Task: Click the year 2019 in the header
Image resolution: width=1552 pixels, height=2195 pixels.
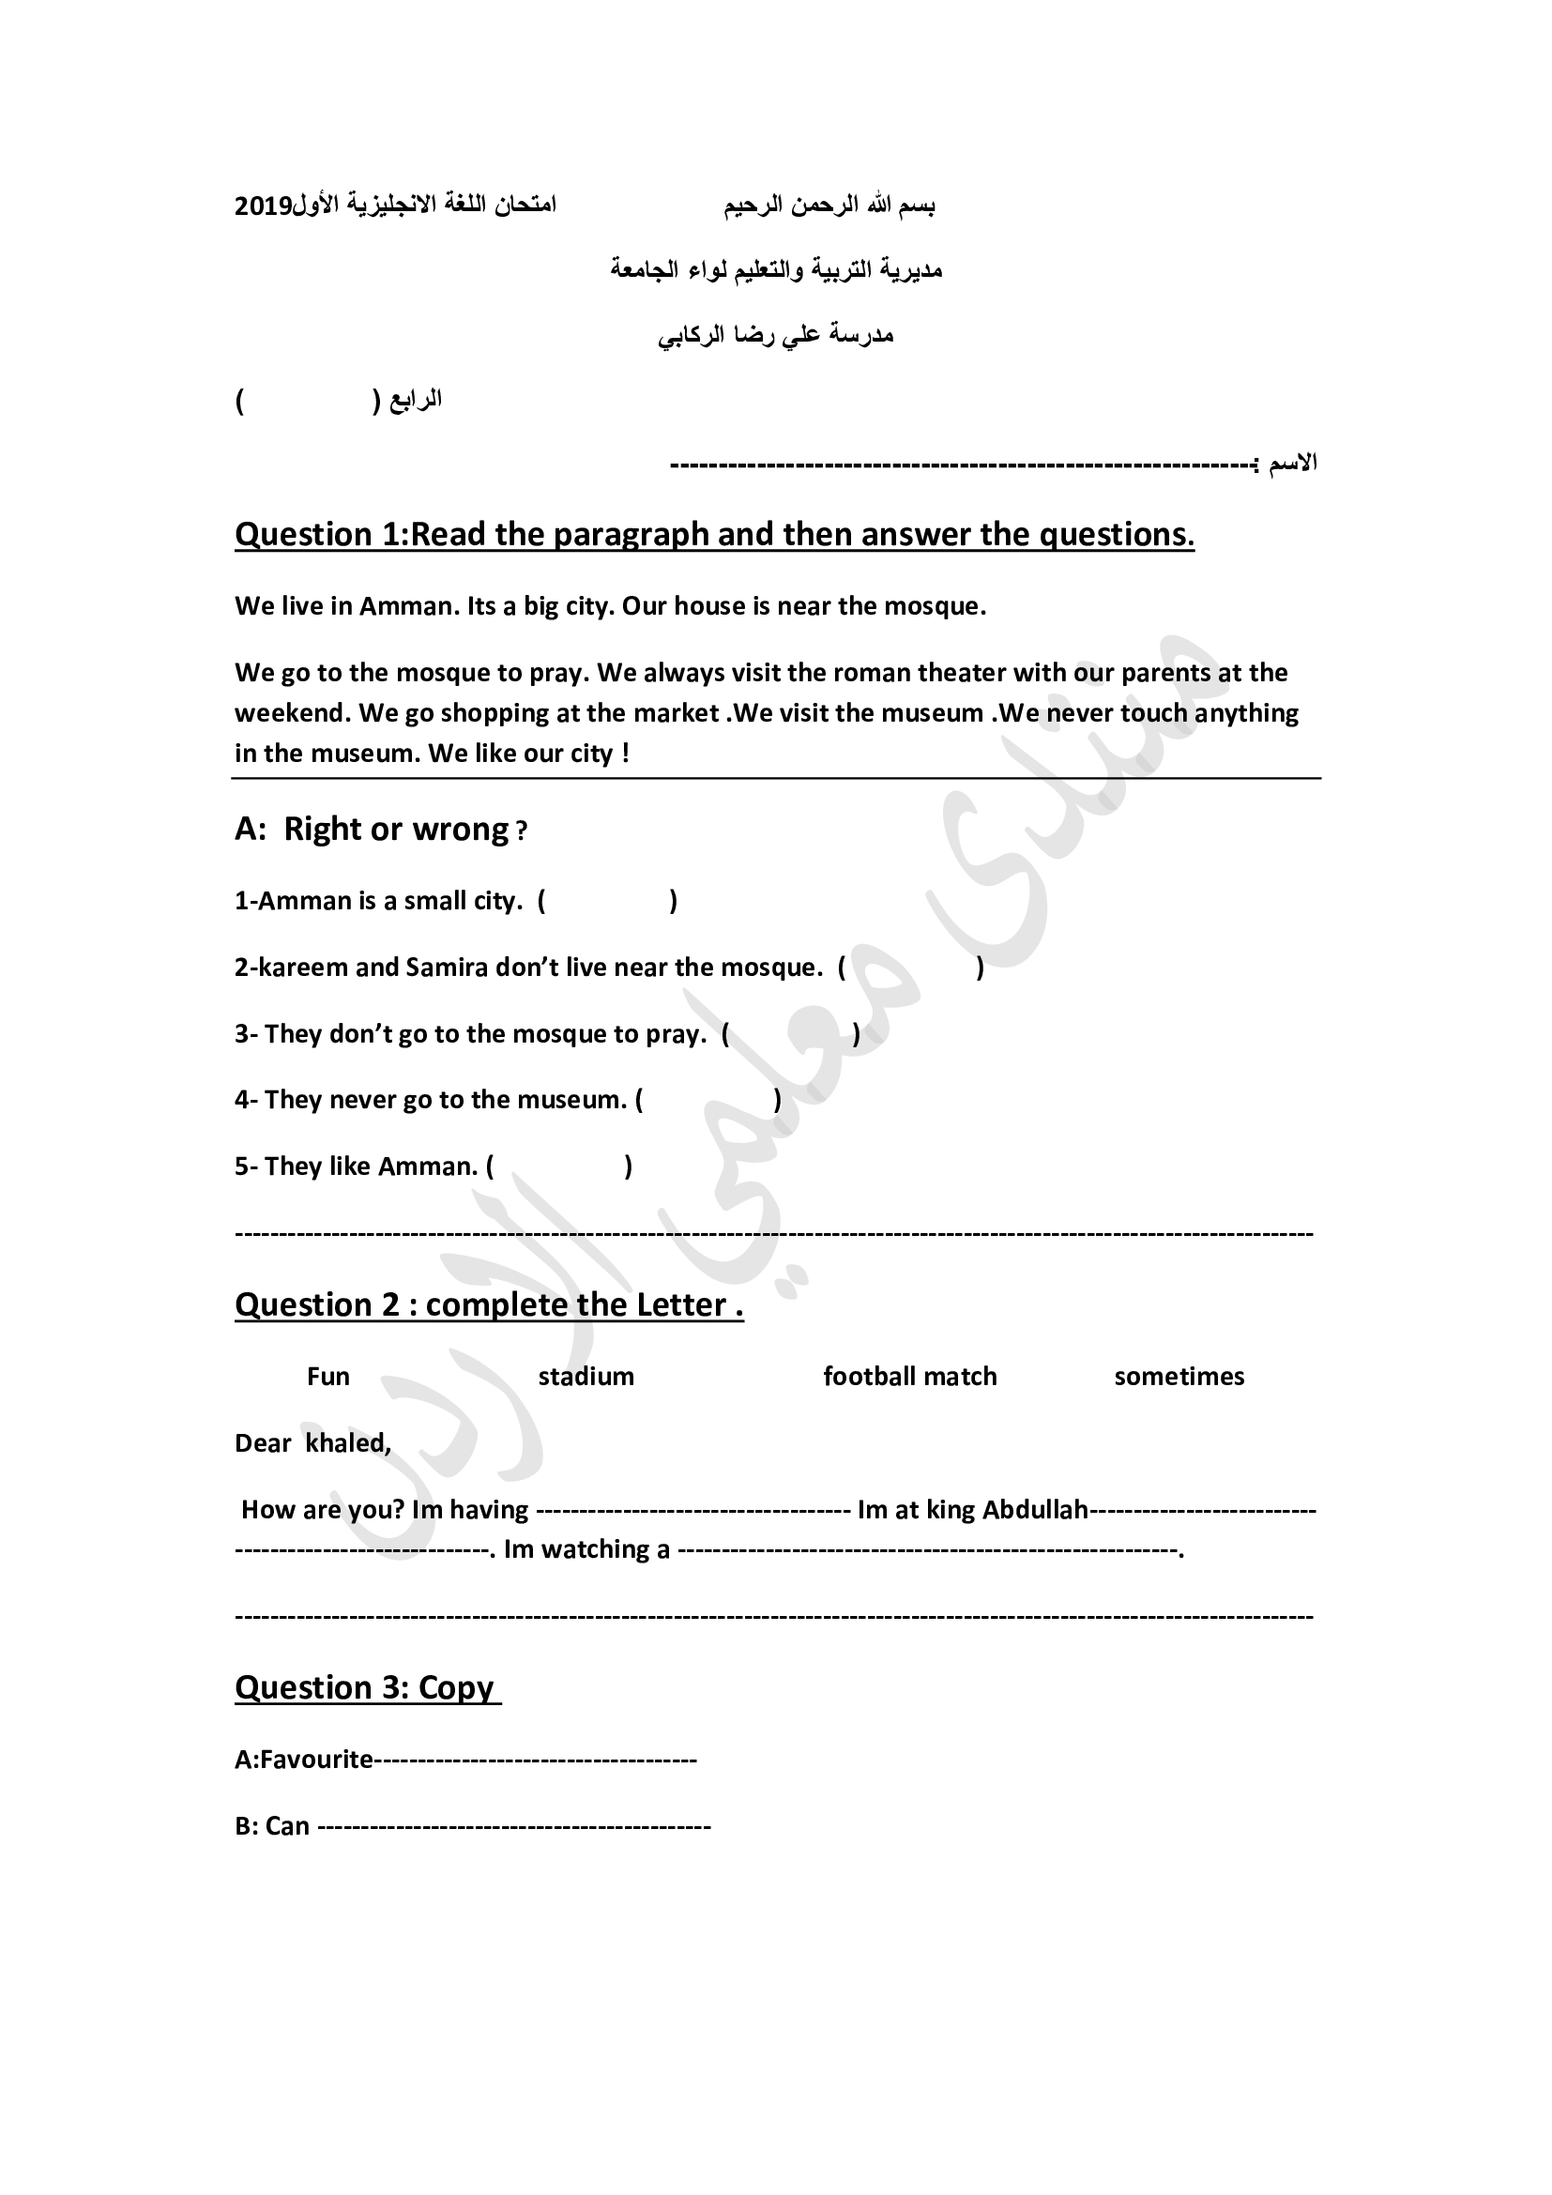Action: point(264,206)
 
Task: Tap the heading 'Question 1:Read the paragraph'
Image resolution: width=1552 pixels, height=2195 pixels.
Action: point(714,534)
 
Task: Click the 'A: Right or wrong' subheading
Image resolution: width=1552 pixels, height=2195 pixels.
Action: point(380,829)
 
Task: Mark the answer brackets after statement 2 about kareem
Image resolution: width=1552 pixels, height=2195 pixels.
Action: point(911,968)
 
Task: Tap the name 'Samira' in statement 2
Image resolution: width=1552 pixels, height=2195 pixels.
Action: point(447,968)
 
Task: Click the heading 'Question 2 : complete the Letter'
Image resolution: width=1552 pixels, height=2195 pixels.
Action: point(488,1305)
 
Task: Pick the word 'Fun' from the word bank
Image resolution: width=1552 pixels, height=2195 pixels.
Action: point(327,1377)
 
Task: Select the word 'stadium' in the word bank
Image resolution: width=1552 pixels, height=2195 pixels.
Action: point(586,1377)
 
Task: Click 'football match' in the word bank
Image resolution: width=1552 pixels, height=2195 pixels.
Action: point(910,1377)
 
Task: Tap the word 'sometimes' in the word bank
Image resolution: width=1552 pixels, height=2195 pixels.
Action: point(1179,1377)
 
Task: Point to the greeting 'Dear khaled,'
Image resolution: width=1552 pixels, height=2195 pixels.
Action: point(312,1442)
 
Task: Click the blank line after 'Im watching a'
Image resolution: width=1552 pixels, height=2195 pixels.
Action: point(928,1549)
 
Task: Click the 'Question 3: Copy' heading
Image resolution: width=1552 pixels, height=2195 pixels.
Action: point(367,1687)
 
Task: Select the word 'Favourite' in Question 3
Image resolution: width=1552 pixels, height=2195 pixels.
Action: point(316,1759)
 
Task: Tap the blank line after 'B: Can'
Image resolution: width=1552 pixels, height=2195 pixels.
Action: point(513,1827)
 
